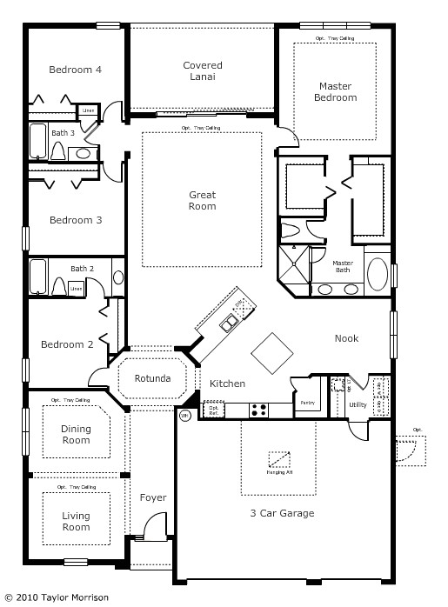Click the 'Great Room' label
[202, 201]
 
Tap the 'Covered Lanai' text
[202, 71]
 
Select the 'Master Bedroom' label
[335, 91]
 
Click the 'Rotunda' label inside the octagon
[152, 379]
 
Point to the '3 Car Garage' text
[282, 513]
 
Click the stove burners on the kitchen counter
[259, 408]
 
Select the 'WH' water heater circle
[184, 417]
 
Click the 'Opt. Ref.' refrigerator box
[212, 409]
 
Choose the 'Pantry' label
[307, 403]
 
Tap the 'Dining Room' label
[76, 434]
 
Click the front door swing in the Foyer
[154, 527]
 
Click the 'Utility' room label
[358, 405]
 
